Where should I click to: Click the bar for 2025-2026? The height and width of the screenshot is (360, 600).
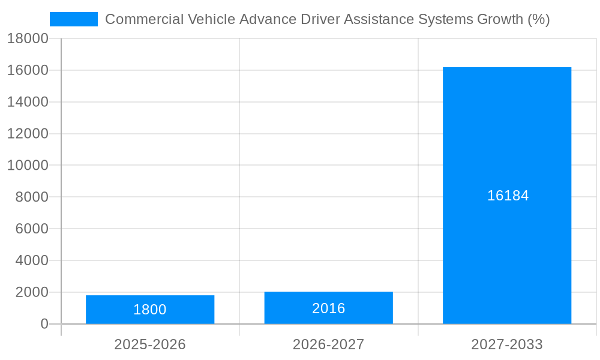click(150, 309)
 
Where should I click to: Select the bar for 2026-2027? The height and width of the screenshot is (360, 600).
click(328, 308)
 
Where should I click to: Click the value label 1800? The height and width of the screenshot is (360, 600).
click(150, 310)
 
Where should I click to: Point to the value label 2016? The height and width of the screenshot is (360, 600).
click(328, 308)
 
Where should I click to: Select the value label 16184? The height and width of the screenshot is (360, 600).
click(508, 196)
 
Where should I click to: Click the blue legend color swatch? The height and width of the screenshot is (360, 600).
click(73, 19)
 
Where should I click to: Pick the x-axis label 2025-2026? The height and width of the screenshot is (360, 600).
click(150, 344)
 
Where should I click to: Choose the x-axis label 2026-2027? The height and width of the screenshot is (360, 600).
click(328, 344)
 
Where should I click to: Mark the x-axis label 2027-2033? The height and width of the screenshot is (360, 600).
click(507, 344)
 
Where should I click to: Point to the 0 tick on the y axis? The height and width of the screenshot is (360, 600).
click(44, 324)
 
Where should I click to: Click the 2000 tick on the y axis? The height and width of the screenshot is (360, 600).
click(28, 292)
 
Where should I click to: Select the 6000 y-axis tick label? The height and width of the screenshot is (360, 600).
click(28, 229)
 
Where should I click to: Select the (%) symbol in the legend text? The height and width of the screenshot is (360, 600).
click(538, 19)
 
